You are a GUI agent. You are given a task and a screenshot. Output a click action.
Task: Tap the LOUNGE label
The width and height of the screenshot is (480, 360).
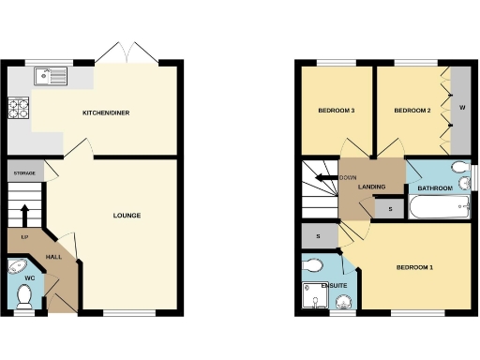(127, 216)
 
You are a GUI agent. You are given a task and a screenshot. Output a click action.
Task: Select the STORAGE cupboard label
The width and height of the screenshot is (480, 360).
(23, 173)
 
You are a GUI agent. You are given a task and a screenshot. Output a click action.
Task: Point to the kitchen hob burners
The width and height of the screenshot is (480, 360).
(19, 111)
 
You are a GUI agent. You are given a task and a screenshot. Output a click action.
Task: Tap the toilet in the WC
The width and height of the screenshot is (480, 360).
(25, 296)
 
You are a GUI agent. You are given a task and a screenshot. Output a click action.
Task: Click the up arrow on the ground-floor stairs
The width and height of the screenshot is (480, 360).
(25, 212)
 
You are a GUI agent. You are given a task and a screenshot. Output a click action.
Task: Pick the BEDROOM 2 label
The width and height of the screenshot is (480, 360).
(412, 111)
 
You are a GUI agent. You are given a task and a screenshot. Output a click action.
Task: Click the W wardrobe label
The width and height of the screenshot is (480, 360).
(461, 107)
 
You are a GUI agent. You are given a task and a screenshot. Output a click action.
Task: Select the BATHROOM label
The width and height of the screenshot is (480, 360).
(435, 188)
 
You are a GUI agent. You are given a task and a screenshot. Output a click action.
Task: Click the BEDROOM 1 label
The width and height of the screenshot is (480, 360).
(414, 268)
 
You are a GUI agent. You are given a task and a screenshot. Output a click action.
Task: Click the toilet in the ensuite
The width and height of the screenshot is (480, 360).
(313, 266)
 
